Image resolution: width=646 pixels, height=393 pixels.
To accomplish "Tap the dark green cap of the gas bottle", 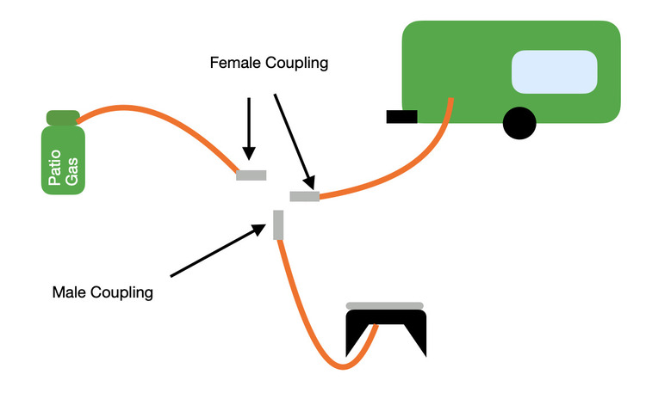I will tap(63, 118).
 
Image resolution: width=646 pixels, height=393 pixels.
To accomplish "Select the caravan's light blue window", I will tap(555, 72).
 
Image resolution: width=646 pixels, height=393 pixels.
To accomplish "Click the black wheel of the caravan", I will tap(519, 123).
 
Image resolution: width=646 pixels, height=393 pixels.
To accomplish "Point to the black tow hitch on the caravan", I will tap(401, 117).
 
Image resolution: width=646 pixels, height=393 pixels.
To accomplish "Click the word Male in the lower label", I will tap(68, 292).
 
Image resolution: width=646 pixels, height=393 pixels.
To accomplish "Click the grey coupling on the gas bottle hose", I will tap(252, 175).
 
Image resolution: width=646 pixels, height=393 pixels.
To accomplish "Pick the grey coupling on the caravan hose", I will tap(305, 197).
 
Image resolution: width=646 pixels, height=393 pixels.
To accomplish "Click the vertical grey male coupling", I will tap(278, 224).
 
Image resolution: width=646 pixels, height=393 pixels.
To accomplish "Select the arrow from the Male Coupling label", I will tap(215, 251).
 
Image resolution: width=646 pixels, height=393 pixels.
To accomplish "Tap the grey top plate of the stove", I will tap(384, 305).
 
